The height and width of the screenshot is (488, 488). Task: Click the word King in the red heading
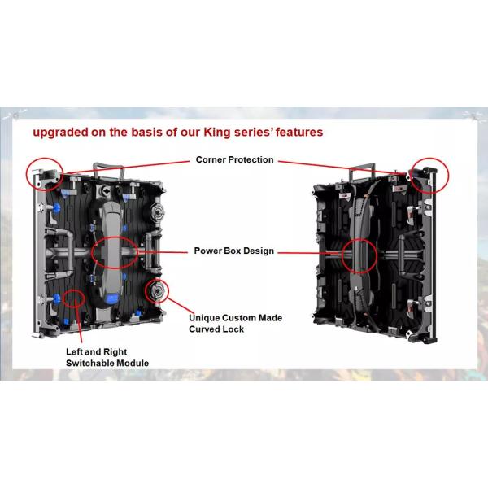pyautogui.click(x=217, y=133)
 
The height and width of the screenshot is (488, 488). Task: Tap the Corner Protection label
pyautogui.click(x=235, y=159)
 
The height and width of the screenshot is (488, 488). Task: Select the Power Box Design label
pyautogui.click(x=234, y=251)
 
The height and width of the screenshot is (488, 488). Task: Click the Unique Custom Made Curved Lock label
pyautogui.click(x=236, y=324)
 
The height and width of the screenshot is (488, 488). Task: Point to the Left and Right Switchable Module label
pyautogui.click(x=107, y=357)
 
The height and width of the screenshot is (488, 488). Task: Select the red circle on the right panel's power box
pyautogui.click(x=359, y=239)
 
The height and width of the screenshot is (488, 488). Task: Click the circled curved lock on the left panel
pyautogui.click(x=157, y=291)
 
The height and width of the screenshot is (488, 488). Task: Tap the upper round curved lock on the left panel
pyautogui.click(x=156, y=212)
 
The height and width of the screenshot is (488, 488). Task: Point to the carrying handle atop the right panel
pyautogui.click(x=362, y=165)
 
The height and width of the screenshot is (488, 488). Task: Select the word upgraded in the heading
pyautogui.click(x=61, y=133)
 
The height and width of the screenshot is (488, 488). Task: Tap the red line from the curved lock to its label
pyautogui.click(x=181, y=306)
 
